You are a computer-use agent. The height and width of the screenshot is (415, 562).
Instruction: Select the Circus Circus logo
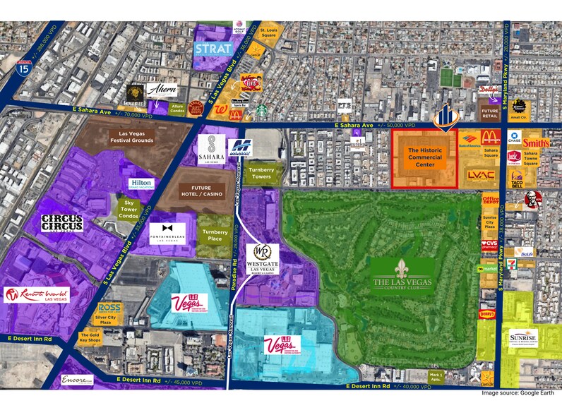coord(61,223)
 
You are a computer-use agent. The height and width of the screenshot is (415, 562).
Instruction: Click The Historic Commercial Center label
coord(424,157)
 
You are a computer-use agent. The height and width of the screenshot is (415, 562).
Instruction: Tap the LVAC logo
coord(480,175)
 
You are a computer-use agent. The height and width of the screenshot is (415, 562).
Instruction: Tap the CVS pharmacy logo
coord(489,245)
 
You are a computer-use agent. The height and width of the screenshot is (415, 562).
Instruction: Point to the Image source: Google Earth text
coord(521,392)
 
